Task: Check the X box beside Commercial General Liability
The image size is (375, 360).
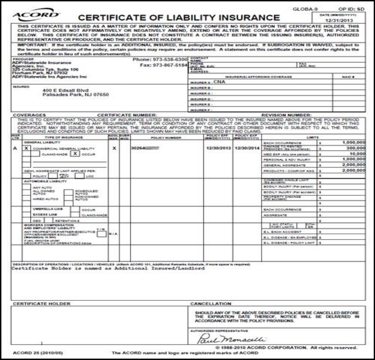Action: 26,149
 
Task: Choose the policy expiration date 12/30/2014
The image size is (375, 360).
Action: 247,148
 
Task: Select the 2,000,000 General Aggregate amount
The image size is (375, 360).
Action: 353,165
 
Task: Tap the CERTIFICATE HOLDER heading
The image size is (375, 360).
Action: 42,303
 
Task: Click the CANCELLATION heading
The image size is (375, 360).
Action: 211,303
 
